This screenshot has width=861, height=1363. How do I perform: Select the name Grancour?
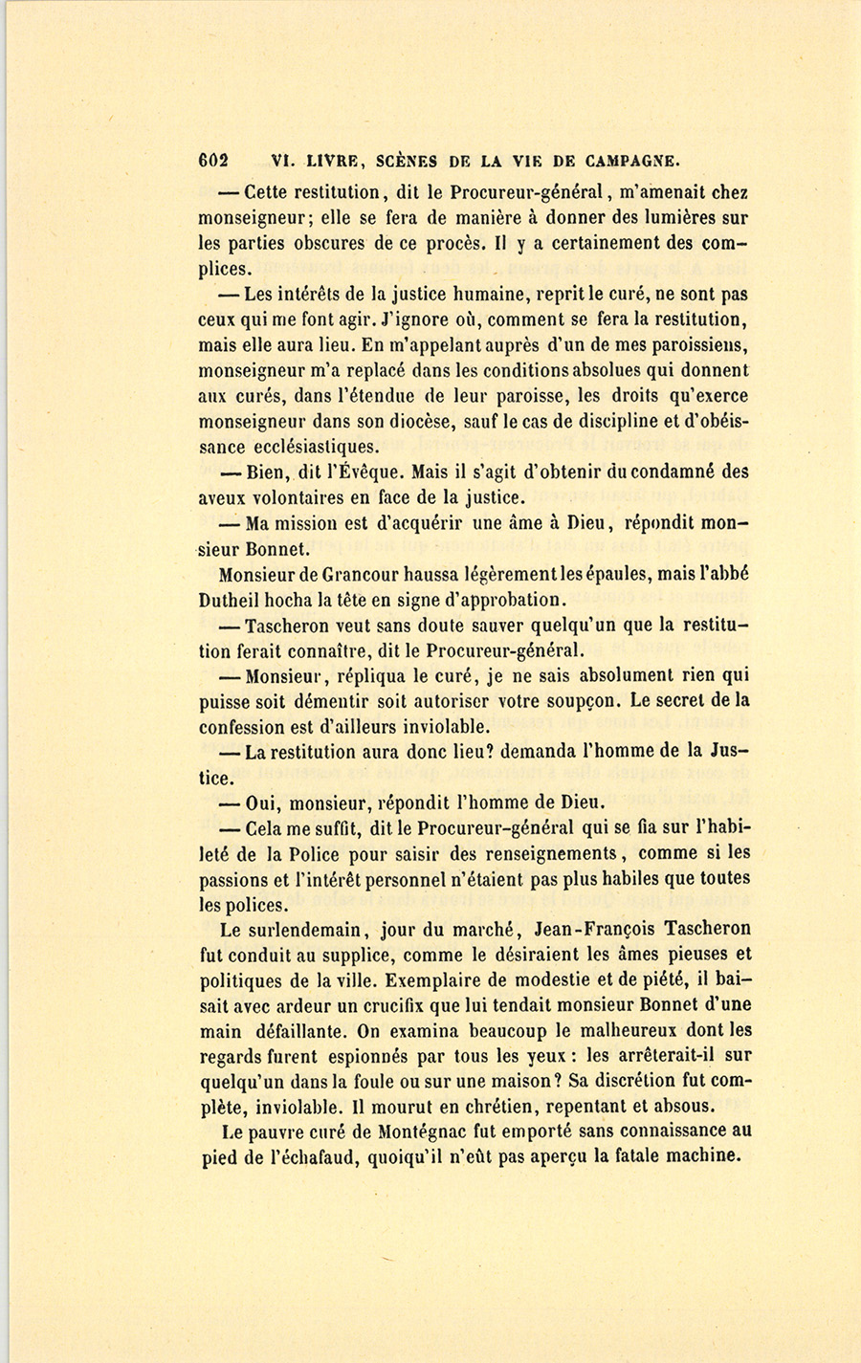366,575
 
